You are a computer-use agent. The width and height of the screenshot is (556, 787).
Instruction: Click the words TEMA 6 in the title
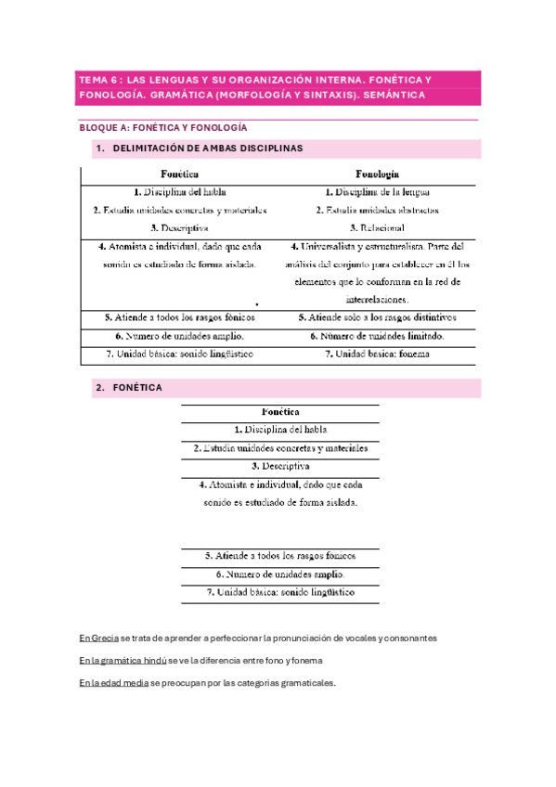[97, 81]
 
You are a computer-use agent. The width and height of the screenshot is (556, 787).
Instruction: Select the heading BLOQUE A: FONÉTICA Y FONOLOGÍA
[162, 128]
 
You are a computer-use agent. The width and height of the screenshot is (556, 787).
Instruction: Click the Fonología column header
[377, 174]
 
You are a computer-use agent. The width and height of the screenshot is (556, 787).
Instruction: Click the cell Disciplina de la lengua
[377, 192]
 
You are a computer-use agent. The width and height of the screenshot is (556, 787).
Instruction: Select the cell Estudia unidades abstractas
[377, 210]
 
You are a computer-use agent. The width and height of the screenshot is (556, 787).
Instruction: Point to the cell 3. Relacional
[377, 227]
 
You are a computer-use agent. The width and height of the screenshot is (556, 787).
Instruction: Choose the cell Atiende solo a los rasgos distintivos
[377, 316]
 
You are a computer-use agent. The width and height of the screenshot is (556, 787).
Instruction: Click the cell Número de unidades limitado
[377, 335]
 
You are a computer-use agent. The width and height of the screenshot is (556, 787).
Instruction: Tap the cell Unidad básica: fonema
[377, 354]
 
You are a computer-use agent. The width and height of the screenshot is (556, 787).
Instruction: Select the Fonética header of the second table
[280, 411]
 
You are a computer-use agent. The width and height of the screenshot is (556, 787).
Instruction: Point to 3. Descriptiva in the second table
[280, 466]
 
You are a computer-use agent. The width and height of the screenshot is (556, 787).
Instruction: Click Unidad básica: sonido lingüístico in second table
[280, 592]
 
